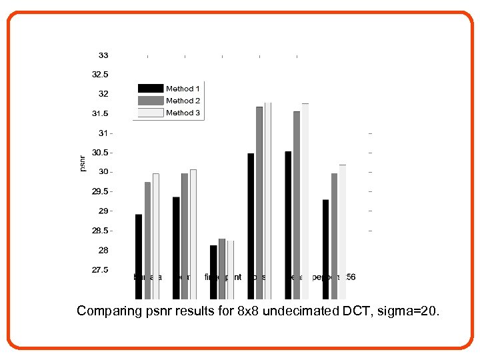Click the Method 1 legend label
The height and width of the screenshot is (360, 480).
[x=183, y=89]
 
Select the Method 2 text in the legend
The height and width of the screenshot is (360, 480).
[x=183, y=101]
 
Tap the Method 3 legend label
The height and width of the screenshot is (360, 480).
[x=183, y=113]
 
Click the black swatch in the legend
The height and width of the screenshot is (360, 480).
[x=151, y=89]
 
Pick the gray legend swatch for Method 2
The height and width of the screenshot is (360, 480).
[x=151, y=101]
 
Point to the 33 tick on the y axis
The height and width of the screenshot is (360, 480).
[x=104, y=55]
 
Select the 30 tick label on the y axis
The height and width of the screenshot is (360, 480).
[x=104, y=172]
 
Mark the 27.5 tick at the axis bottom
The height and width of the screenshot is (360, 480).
[x=100, y=270]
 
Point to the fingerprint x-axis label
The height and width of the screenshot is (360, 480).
[x=223, y=277]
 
